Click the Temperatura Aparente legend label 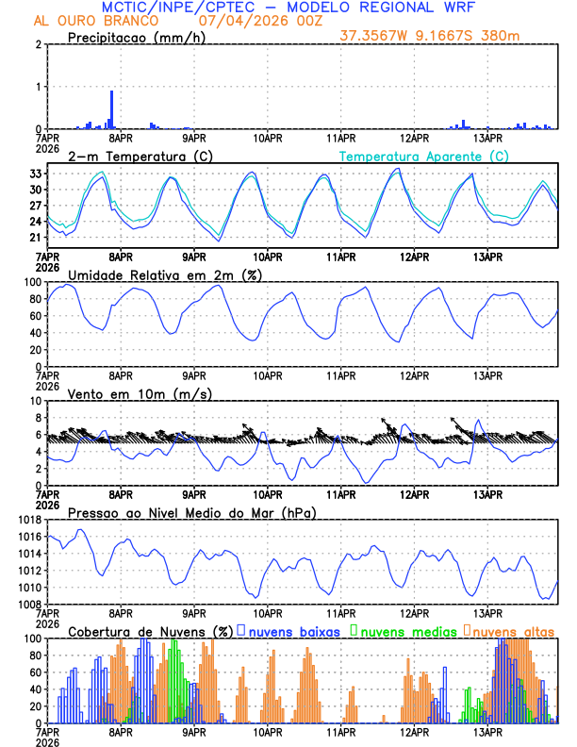point(424,156)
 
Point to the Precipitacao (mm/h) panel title point(138,37)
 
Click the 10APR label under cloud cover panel point(268,731)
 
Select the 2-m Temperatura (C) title point(138,156)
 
